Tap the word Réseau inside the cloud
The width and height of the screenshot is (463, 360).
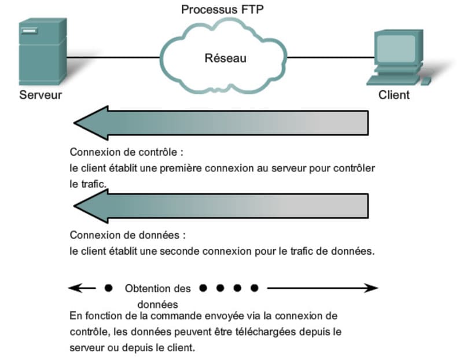coord(225,58)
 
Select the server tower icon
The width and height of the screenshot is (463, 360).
coord(42,52)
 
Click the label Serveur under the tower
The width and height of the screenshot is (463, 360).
coord(41,95)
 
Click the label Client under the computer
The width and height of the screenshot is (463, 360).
coord(394,95)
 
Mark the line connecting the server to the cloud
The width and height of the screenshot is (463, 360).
coord(113,57)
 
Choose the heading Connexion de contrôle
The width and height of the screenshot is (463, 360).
coord(126,152)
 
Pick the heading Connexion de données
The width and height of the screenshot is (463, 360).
coord(128,236)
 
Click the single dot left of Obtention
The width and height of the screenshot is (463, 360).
coord(108,288)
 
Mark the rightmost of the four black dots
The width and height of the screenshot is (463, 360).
coord(254,288)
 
